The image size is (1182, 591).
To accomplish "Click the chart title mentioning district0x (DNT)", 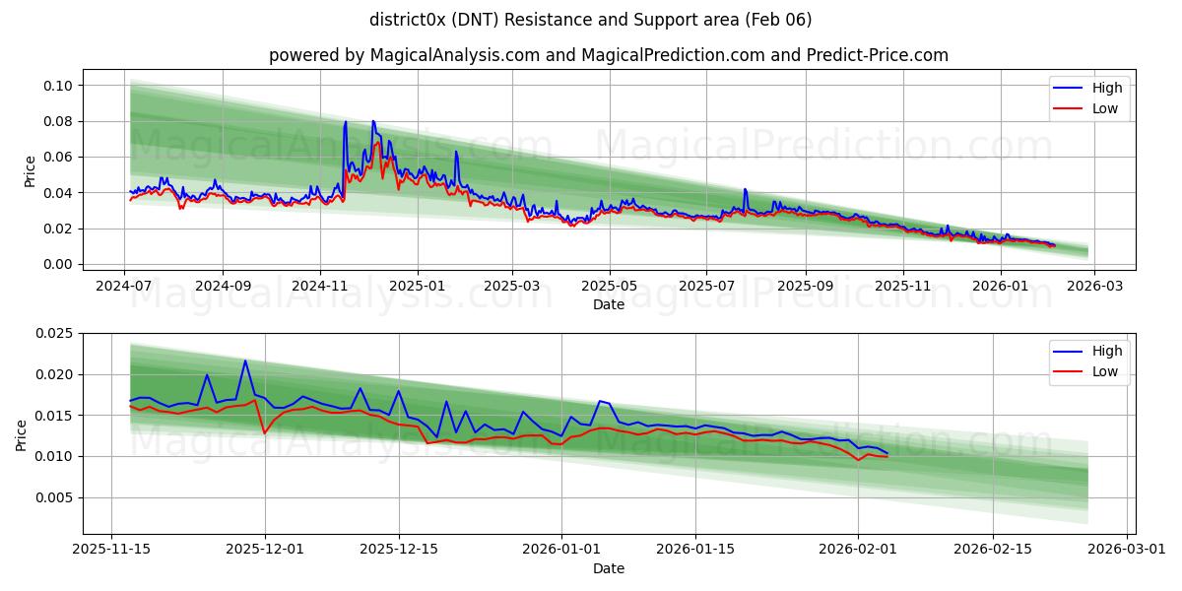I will coord(590,20).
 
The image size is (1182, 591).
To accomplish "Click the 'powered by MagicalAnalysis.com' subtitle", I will coord(608,55).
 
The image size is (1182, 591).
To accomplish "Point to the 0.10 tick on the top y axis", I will coord(58,86).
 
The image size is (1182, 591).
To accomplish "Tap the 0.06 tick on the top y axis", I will coord(58,158).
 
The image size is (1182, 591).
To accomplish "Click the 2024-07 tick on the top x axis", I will coord(124,285).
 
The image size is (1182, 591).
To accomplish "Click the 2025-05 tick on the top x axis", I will coord(610,285).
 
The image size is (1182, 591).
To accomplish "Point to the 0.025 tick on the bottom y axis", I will coord(54,333).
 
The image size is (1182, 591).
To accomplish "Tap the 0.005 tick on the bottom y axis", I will coord(54,497).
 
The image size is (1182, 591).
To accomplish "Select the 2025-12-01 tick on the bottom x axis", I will coord(265,548).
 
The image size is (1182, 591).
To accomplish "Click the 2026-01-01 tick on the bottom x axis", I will coord(561,548).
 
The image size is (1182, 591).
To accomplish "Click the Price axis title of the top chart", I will coord(30,171).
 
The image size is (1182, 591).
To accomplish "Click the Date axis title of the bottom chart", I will coord(608,568).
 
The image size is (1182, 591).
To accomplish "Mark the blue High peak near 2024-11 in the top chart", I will coord(345,122).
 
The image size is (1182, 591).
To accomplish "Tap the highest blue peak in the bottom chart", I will coord(245,361).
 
